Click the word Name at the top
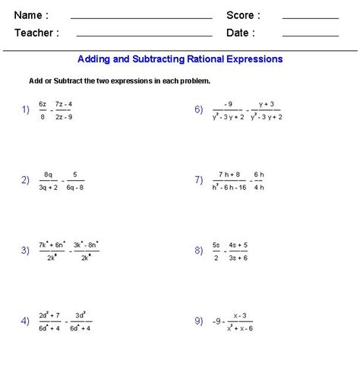coord(28,15)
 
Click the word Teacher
coord(33,33)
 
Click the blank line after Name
coord(141,17)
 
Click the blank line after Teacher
coord(144,35)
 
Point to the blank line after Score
coord(310,17)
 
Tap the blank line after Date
coord(310,35)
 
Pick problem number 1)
coord(25,109)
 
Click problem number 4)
coord(25,320)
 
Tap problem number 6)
coord(198,109)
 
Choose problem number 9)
coord(198,320)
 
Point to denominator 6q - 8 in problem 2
coord(75,185)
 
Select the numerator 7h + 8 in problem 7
coord(229,174)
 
